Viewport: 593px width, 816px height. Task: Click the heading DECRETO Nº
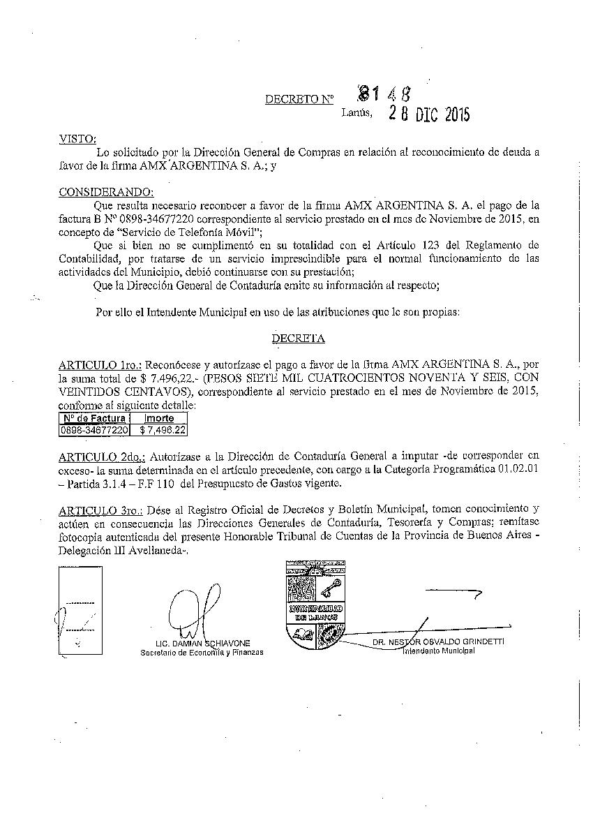tap(299, 99)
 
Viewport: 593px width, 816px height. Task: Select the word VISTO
tap(77, 139)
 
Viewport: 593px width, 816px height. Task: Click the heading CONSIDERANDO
tap(106, 193)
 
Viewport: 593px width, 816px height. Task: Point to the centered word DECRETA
tap(298, 339)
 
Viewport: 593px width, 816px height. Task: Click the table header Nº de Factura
tap(95, 418)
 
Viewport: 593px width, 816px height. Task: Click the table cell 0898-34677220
tap(95, 430)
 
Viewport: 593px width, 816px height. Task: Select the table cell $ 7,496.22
tap(162, 430)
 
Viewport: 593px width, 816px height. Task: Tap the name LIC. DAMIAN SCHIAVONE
tap(203, 643)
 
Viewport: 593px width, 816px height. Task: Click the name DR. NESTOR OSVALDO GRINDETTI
tap(437, 641)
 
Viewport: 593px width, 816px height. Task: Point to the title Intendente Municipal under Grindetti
tap(437, 651)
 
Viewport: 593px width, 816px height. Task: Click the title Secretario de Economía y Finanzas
tap(202, 653)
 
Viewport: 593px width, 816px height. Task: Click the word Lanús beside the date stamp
tap(357, 111)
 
